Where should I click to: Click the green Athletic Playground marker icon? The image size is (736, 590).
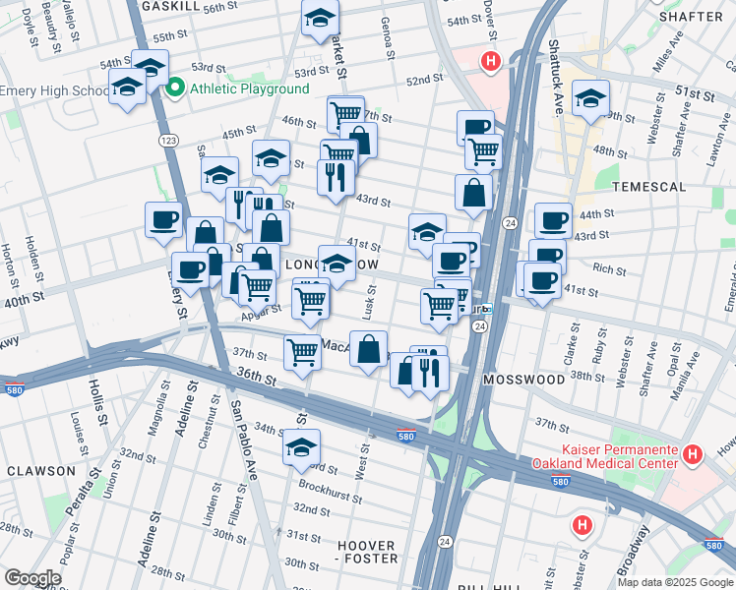176,88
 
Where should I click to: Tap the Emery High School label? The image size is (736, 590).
54,90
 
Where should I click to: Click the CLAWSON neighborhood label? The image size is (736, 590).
40,471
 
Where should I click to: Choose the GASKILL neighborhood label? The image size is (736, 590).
171,6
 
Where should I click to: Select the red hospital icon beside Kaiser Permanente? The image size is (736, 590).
693,454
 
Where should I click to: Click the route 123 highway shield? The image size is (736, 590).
170,142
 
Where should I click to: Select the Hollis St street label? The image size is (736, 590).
101,406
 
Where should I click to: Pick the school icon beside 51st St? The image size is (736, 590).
590,97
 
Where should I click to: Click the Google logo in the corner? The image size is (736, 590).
31,578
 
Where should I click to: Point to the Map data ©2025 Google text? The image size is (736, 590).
675,582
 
